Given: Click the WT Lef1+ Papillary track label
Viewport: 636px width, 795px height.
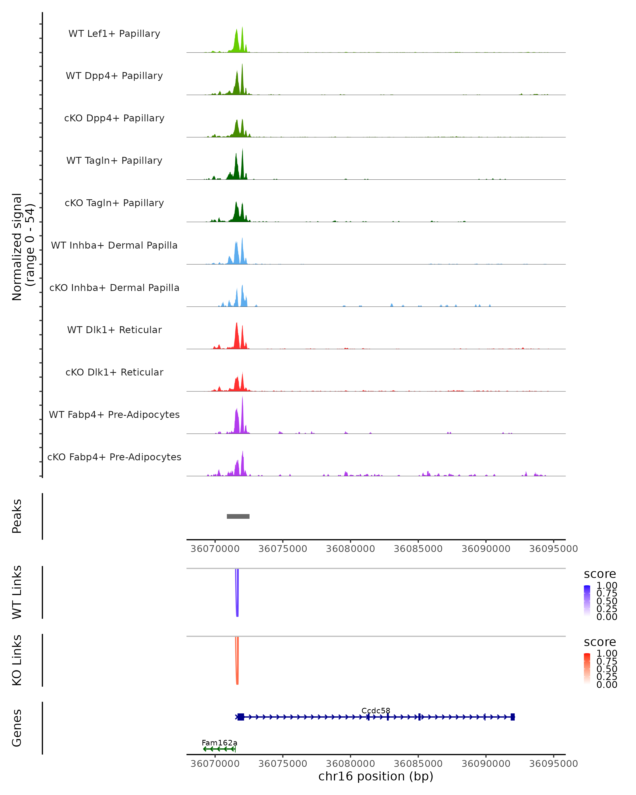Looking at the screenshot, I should pos(114,34).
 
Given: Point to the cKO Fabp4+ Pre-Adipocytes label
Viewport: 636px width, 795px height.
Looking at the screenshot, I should pos(114,457).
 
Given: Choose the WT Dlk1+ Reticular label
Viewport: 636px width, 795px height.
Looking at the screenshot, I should pos(114,330).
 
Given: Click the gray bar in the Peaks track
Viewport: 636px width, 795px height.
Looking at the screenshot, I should pos(238,516).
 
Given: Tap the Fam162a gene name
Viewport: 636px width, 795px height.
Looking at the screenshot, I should pos(219,743).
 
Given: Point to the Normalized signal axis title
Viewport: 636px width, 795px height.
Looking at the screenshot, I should pos(23,247).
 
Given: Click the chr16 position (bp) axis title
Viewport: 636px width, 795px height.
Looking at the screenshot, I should pos(376,776).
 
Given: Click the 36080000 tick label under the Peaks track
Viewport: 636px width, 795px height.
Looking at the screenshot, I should pos(350,549).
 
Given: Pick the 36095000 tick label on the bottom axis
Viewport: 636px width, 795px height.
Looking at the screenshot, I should pos(553,764).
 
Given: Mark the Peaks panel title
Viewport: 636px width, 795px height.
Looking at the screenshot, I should pos(17,516).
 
